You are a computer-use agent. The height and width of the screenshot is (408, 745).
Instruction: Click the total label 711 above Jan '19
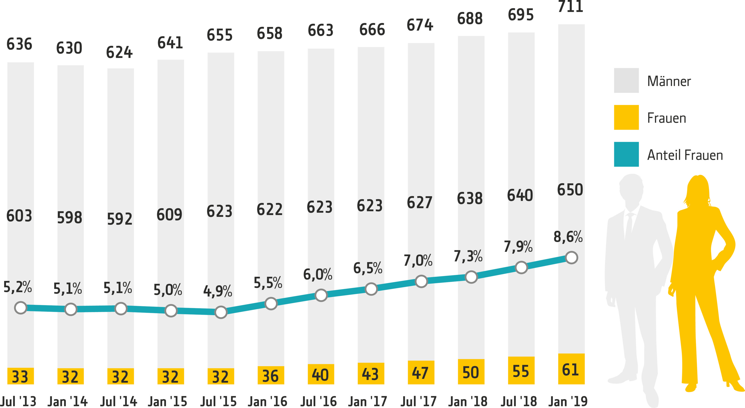click(570, 6)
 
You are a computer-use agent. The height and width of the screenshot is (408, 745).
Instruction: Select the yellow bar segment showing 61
click(571, 369)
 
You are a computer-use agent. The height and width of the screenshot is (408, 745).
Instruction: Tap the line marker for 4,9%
click(221, 312)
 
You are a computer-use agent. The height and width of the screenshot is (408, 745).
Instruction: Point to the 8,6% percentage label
click(568, 237)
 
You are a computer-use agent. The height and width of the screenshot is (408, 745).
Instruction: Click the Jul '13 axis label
click(18, 401)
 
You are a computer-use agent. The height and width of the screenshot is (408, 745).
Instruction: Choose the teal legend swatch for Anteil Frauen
click(626, 154)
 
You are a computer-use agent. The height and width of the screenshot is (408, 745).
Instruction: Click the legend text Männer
click(669, 81)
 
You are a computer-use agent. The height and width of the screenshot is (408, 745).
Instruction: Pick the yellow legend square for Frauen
click(626, 117)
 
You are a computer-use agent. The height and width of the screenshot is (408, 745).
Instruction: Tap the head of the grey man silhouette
click(631, 188)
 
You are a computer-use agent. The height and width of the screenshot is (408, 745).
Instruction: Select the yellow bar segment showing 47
click(421, 372)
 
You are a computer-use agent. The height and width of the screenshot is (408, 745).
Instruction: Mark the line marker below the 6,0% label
click(321, 295)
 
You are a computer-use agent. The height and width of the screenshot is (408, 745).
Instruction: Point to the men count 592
click(120, 219)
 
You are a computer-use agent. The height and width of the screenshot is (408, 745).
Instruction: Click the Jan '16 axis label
click(267, 401)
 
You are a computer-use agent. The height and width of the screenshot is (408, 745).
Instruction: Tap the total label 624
click(119, 53)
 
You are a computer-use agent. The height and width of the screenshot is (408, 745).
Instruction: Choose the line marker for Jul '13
click(20, 308)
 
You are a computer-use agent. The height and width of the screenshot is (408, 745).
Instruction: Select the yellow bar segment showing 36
click(271, 375)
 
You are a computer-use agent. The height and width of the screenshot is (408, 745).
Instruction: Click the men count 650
click(570, 190)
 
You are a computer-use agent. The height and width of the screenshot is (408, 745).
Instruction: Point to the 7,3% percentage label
click(468, 256)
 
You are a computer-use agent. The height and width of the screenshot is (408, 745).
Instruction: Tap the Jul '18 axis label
click(519, 401)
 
